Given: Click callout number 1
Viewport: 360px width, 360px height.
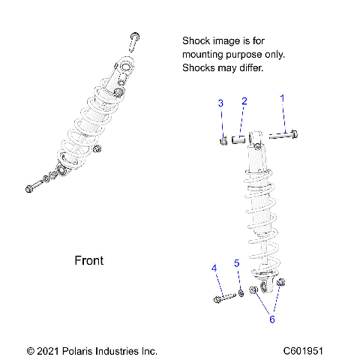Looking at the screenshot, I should [283, 98].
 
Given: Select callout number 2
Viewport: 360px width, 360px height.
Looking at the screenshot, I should [244, 101].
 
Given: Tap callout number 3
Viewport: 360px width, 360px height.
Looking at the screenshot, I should [220, 103].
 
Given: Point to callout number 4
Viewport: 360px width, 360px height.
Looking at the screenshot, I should [214, 268].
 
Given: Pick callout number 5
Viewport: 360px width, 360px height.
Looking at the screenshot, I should [236, 263].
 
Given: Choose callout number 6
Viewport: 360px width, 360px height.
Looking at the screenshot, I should [272, 319].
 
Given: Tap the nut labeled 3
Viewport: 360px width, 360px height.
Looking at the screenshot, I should [223, 139].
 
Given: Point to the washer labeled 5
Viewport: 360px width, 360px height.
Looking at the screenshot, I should [241, 295].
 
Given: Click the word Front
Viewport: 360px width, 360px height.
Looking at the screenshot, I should [89, 261].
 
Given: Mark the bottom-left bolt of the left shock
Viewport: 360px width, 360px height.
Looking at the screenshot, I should [33, 188].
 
